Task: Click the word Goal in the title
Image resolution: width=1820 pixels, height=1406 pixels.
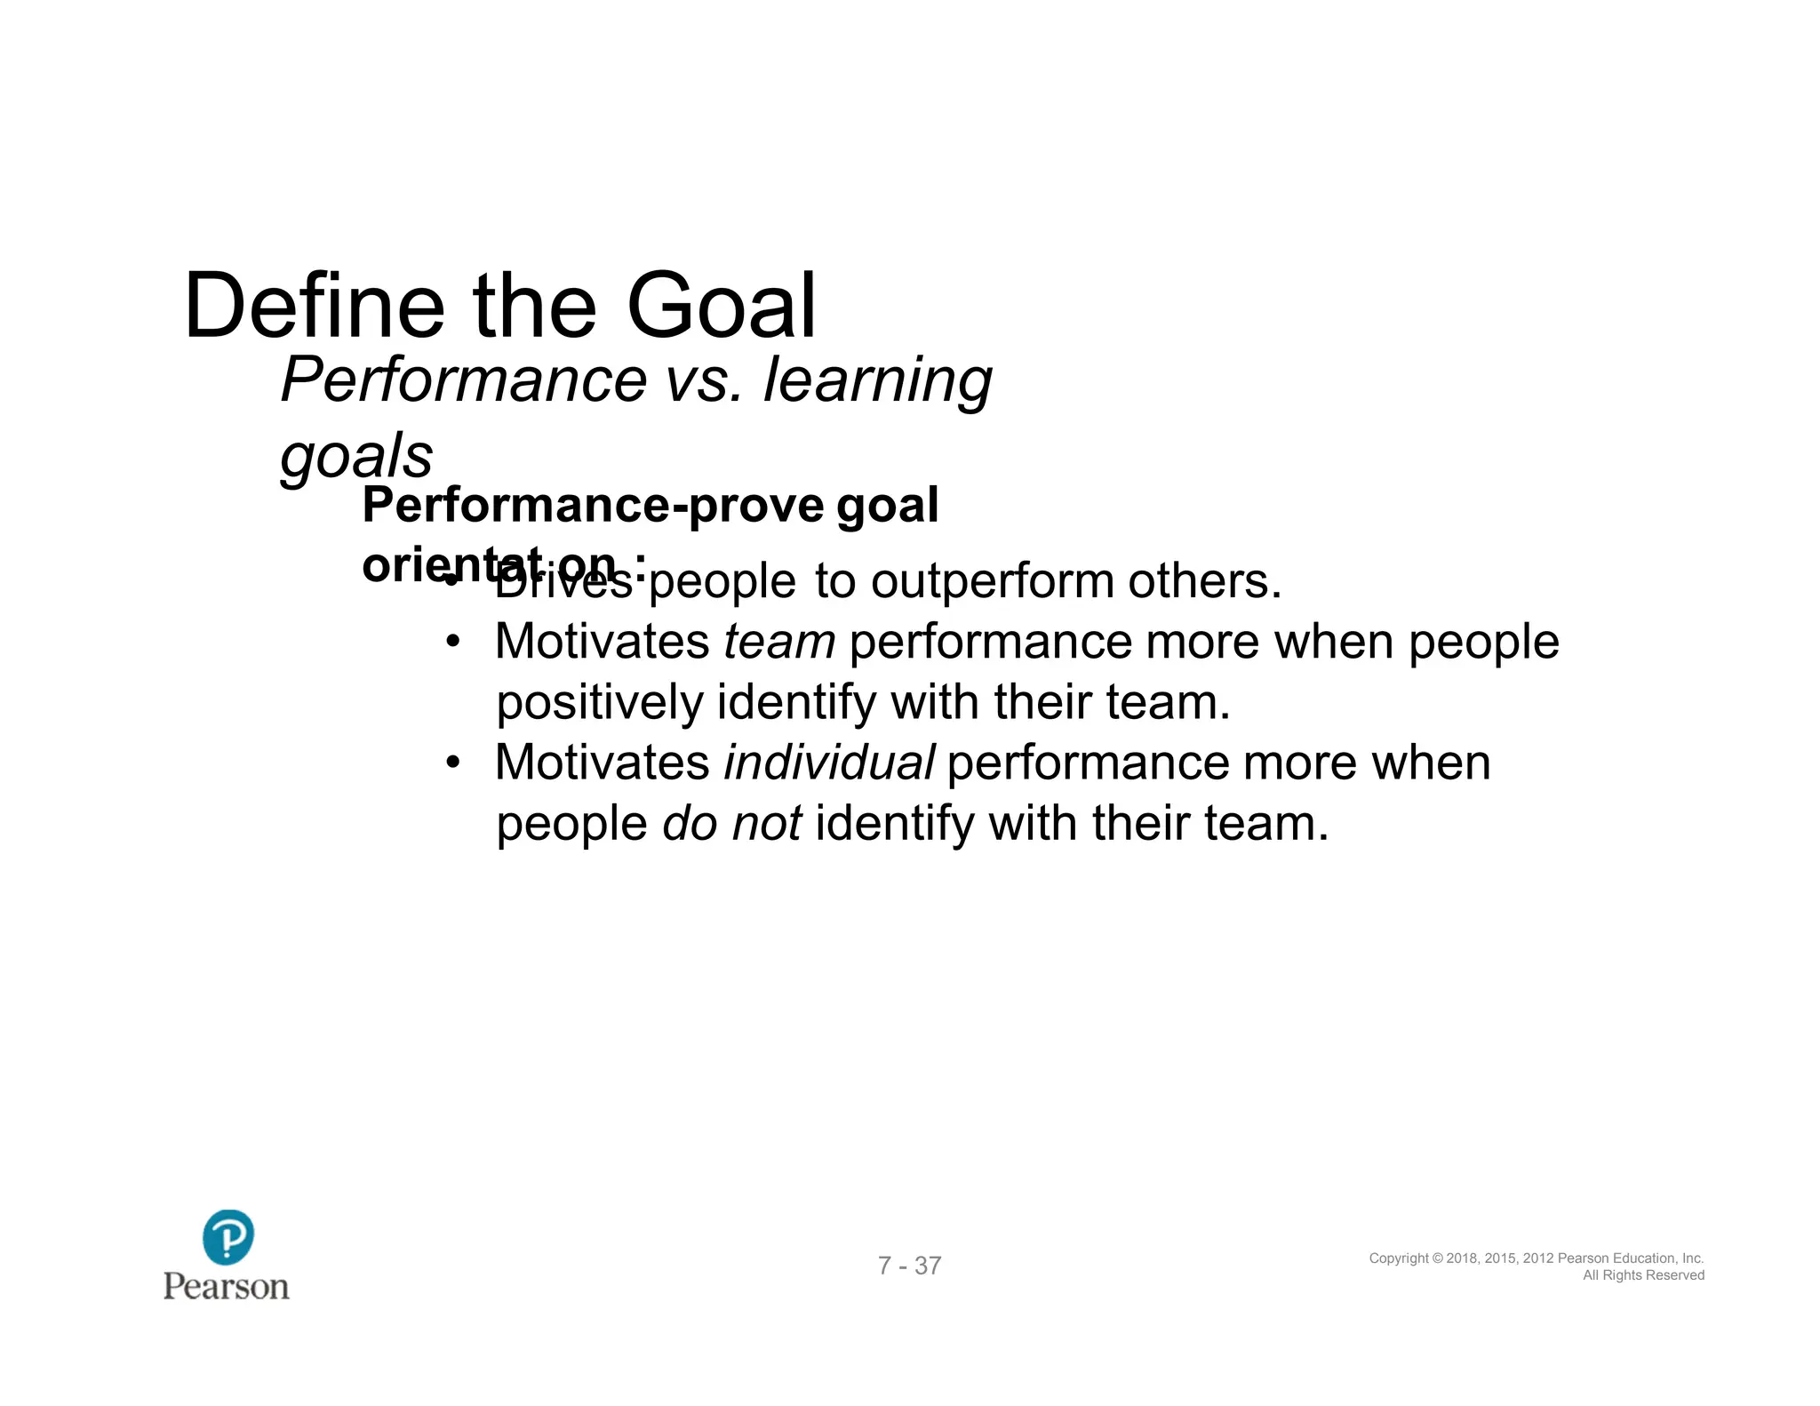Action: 721,307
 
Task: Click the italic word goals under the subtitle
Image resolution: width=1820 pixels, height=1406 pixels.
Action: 356,457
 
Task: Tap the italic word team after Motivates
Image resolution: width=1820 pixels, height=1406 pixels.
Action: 779,642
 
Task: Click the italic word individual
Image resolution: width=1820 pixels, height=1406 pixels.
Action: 828,763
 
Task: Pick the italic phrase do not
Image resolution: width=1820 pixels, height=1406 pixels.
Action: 732,823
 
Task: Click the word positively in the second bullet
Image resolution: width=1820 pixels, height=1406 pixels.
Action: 600,703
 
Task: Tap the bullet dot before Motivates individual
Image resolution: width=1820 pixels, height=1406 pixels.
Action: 453,763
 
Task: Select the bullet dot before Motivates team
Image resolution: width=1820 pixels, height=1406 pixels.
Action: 453,642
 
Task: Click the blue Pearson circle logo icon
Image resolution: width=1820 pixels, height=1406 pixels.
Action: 227,1236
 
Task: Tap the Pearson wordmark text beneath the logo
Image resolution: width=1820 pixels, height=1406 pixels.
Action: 227,1287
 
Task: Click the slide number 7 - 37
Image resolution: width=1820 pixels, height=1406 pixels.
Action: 909,1266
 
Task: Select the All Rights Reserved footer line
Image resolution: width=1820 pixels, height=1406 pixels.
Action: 1643,1275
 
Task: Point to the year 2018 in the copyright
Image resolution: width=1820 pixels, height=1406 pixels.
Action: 1463,1258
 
